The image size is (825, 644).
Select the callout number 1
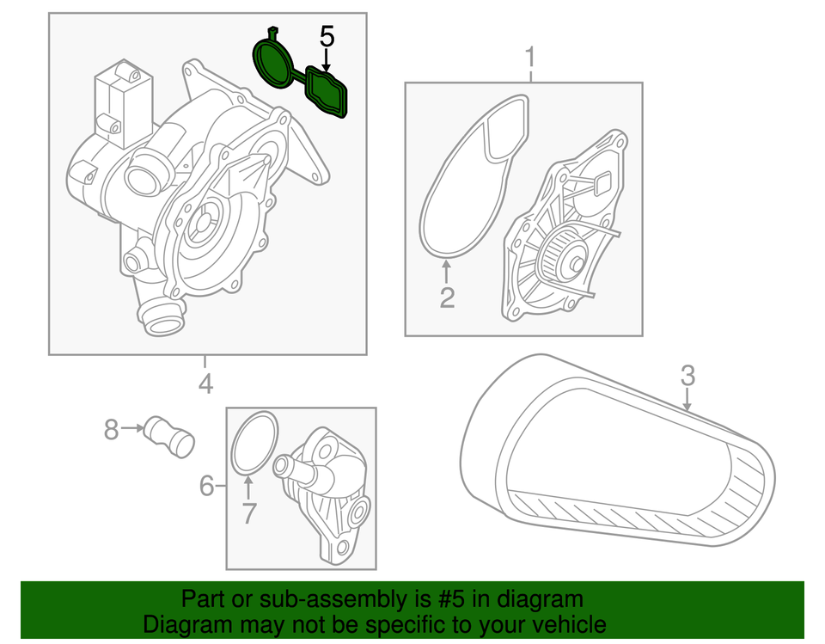(x=530, y=58)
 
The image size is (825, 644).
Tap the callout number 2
(x=447, y=297)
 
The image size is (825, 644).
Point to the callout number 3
(x=687, y=375)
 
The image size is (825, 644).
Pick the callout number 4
(x=205, y=383)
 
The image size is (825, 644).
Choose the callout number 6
(x=206, y=486)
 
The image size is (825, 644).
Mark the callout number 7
(x=248, y=513)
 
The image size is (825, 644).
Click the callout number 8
(x=111, y=428)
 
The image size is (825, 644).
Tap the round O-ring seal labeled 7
(x=255, y=442)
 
